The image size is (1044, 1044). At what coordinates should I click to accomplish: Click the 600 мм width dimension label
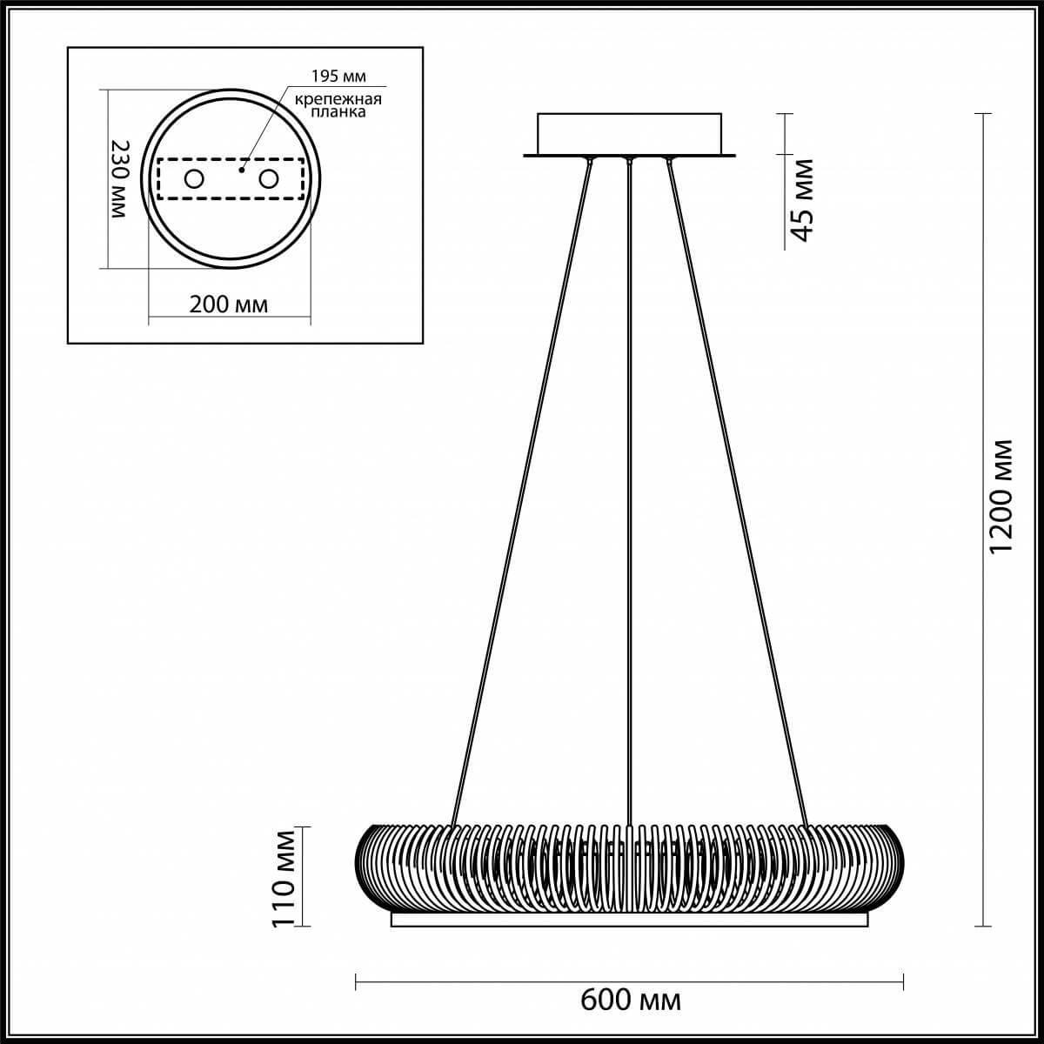pyautogui.click(x=630, y=1000)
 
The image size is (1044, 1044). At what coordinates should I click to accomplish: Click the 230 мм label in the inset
pyautogui.click(x=123, y=179)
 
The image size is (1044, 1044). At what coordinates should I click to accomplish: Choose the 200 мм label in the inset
pyautogui.click(x=229, y=304)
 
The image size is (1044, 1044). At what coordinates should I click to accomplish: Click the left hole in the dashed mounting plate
pyautogui.click(x=192, y=180)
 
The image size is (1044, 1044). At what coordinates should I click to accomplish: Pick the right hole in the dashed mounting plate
pyautogui.click(x=269, y=180)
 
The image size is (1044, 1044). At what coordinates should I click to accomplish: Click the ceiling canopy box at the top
pyautogui.click(x=629, y=133)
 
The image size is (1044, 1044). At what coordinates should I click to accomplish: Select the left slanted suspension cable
pyautogui.click(x=522, y=487)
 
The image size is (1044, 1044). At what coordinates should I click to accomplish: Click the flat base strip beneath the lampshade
pyautogui.click(x=629, y=920)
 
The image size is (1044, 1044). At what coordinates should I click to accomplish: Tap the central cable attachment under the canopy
pyautogui.click(x=628, y=160)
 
